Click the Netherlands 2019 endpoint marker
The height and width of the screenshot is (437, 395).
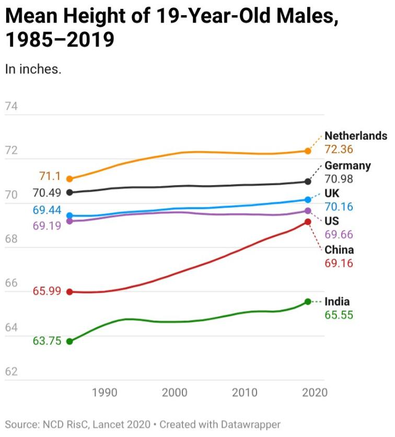[x=308, y=151]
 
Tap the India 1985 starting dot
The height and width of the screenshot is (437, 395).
[x=69, y=341]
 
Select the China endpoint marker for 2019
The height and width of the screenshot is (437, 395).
[x=308, y=222]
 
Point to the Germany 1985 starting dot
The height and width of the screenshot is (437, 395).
[x=69, y=192]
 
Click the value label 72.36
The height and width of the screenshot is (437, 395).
[x=339, y=149]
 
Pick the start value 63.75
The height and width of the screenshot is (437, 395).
[x=47, y=341]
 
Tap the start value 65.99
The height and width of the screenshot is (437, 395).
[x=47, y=291]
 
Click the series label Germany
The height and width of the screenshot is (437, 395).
[x=347, y=166]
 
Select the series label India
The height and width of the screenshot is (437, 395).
[x=337, y=302]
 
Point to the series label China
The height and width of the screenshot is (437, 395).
[x=339, y=250]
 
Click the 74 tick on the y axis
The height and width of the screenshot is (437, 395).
[x=11, y=107]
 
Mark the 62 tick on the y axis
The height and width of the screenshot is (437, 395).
[x=11, y=372]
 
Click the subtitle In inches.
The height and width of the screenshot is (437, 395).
[x=33, y=69]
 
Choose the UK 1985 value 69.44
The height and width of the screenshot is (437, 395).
[x=47, y=211]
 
